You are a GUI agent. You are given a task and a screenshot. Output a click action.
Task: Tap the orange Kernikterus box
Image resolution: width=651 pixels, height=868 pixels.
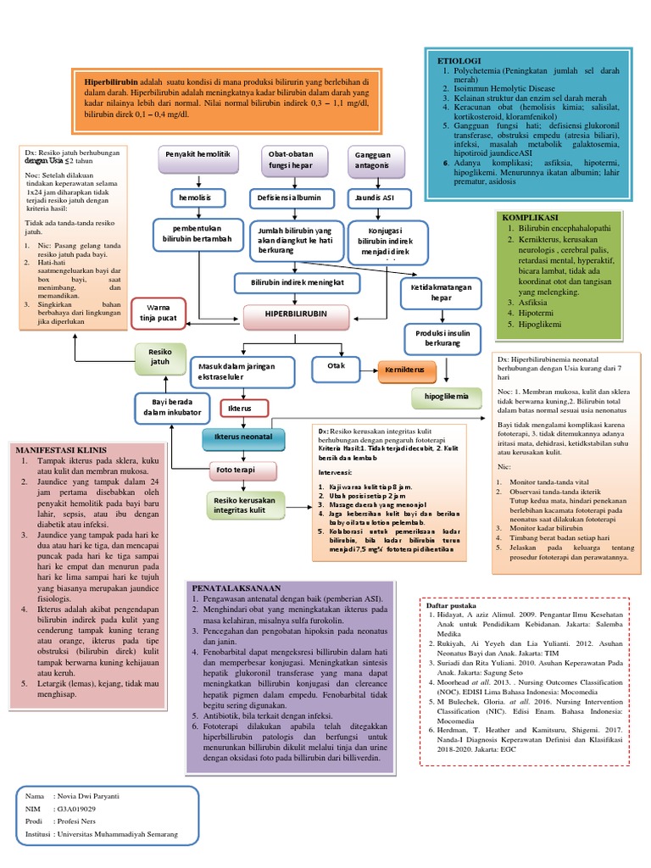click(x=406, y=370)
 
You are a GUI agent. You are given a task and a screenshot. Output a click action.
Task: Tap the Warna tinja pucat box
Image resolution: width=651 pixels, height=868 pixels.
click(x=159, y=313)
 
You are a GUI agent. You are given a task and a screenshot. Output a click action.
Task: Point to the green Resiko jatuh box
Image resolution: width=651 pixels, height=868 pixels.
click(x=159, y=356)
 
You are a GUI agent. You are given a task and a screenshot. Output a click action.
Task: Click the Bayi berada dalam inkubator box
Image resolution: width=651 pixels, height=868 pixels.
click(x=170, y=407)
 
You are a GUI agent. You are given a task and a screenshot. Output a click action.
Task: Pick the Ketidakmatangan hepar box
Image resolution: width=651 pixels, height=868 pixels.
click(x=440, y=292)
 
